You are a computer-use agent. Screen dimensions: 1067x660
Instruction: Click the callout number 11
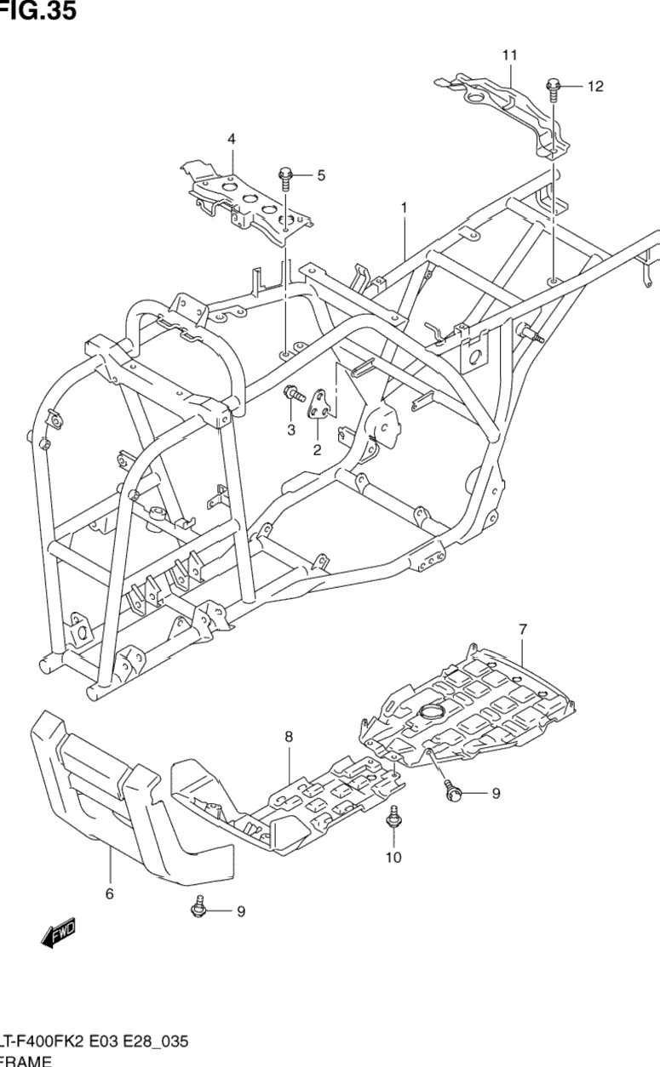(x=509, y=55)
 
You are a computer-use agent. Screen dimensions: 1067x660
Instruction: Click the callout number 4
(x=231, y=139)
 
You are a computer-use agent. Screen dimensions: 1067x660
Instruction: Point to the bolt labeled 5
(x=286, y=177)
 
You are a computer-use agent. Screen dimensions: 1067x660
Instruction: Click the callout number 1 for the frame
(x=405, y=207)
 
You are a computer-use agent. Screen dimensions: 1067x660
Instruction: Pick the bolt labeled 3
(x=294, y=394)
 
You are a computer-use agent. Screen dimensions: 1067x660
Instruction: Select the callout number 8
(x=289, y=736)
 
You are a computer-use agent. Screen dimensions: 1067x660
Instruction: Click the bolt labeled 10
(x=393, y=819)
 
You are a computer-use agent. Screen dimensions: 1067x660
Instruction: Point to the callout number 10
(x=393, y=857)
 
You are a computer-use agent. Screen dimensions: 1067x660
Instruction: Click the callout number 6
(x=109, y=893)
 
